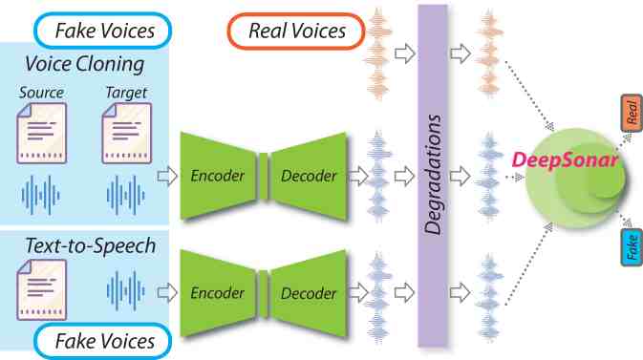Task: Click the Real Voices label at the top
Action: coord(297,32)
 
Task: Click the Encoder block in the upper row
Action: coord(219,176)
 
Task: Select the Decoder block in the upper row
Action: coord(309,176)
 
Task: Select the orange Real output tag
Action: coord(631,114)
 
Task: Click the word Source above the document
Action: coord(41,94)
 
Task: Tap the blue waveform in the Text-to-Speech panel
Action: coord(127,287)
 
